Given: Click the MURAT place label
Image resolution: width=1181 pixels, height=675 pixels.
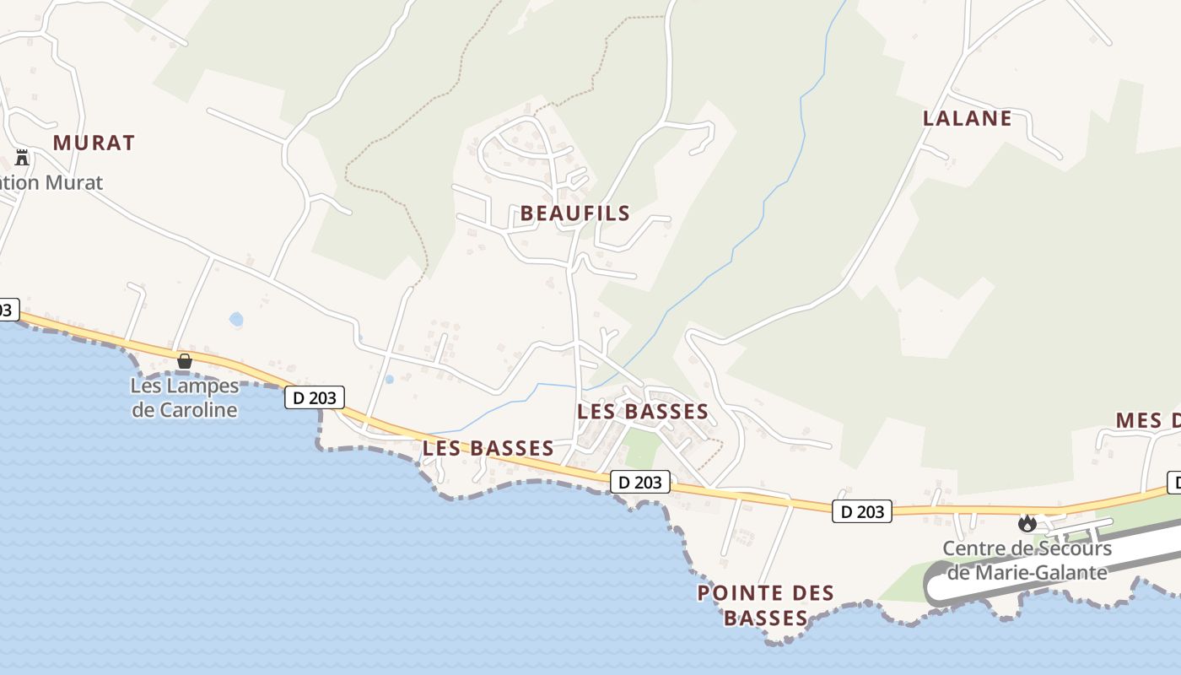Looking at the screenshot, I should (x=94, y=143).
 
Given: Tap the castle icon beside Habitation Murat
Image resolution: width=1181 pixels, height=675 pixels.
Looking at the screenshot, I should (x=22, y=157).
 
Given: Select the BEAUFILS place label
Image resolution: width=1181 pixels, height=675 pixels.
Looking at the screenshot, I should (x=575, y=213).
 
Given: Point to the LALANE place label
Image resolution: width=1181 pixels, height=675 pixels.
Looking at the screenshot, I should (x=967, y=118).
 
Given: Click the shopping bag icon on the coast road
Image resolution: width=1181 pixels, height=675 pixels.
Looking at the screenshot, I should (x=184, y=361).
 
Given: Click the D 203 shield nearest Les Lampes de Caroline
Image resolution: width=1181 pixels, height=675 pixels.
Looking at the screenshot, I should (x=315, y=397).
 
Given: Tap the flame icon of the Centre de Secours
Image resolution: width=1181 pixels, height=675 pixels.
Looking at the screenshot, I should (x=1027, y=523).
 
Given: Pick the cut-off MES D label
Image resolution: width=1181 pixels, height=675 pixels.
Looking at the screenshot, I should (x=1147, y=420).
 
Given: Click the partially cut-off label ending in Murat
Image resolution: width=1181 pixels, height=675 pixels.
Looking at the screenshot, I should (x=51, y=182).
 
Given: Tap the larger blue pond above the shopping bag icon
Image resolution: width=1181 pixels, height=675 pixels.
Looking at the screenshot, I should (x=236, y=319).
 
